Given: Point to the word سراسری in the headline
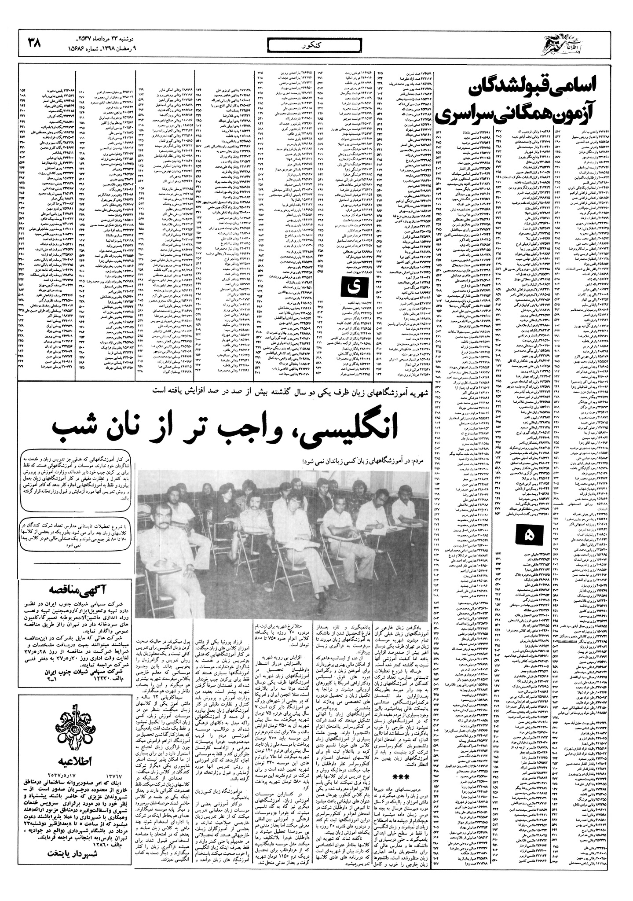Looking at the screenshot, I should tap(471, 116).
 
